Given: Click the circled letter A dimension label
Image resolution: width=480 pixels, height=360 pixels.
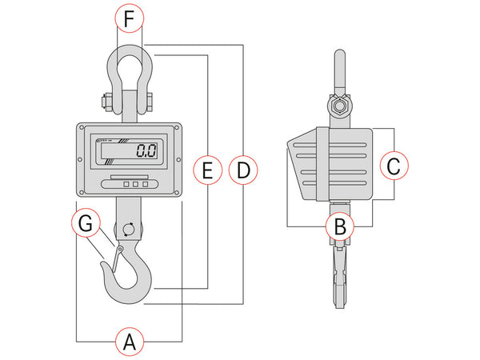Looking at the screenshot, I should click(x=129, y=342).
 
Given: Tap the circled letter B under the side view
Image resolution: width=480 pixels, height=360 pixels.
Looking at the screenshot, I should click(x=340, y=226).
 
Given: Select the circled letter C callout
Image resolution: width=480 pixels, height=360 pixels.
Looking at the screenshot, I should click(x=393, y=166).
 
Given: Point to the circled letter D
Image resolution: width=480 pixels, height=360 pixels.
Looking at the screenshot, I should click(x=243, y=170).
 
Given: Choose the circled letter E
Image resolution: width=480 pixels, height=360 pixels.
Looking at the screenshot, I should click(x=208, y=170).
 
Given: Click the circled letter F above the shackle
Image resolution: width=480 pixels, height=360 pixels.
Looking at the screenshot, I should click(x=129, y=18).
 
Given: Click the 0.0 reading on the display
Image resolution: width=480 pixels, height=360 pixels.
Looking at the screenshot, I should click(x=146, y=150).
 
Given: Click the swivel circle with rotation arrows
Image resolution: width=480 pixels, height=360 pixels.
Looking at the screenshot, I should click(x=128, y=230).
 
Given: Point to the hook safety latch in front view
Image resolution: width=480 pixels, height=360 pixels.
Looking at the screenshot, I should click(x=116, y=261).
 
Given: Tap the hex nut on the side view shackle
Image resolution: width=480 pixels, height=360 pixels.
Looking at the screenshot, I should click(x=339, y=106).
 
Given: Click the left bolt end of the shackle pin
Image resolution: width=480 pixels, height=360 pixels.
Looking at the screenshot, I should click(x=102, y=102).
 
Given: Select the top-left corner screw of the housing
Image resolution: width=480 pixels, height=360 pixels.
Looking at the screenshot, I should click(x=82, y=127).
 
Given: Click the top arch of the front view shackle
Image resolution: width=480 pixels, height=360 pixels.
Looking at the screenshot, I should click(x=129, y=51).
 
